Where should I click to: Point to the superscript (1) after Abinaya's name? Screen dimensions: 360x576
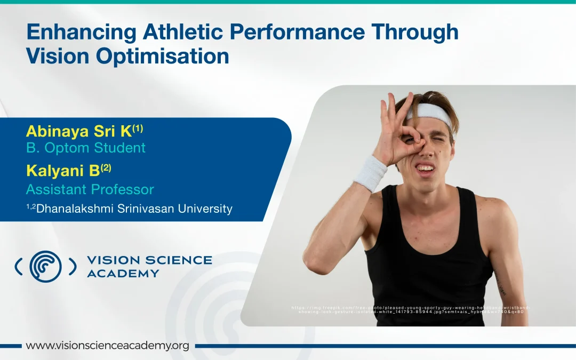pyautogui.click(x=138, y=128)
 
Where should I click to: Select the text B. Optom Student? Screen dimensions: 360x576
pyautogui.click(x=85, y=148)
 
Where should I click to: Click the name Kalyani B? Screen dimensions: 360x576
pyautogui.click(x=63, y=171)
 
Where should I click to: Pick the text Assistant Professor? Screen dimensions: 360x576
pyautogui.click(x=90, y=189)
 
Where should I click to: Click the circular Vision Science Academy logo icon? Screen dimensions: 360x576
pyautogui.click(x=45, y=266)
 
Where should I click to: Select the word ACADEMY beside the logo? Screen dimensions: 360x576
pyautogui.click(x=123, y=274)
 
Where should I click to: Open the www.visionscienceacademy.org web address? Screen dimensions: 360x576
pyautogui.click(x=107, y=346)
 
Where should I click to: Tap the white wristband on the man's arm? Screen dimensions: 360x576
pyautogui.click(x=370, y=173)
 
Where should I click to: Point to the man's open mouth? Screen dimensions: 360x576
pyautogui.click(x=425, y=169)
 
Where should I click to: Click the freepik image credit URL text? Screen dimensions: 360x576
pyautogui.click(x=411, y=309)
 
